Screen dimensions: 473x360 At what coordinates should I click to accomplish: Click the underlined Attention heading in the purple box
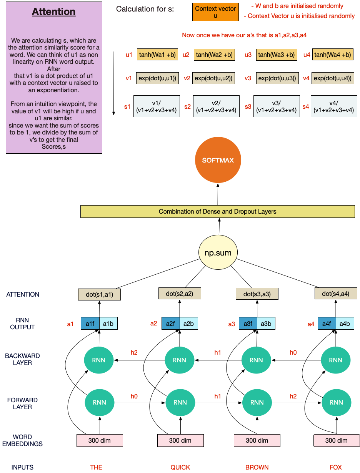53,12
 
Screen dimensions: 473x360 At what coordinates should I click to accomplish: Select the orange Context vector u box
215,12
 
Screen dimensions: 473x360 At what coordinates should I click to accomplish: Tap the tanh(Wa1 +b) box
157,55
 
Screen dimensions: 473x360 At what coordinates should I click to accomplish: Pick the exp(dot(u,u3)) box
277,78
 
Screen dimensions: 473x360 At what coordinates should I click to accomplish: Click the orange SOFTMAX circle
218,160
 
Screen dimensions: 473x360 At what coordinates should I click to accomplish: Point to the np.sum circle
218,253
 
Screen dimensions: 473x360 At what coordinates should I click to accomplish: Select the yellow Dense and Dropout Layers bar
217,212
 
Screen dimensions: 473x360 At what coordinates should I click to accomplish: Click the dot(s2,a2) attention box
180,294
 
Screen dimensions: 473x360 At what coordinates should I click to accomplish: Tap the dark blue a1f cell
90,324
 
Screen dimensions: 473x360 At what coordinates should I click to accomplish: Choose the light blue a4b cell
345,324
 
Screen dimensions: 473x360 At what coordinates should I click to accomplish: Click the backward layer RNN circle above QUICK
180,360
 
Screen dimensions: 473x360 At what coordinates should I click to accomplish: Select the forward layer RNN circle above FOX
336,402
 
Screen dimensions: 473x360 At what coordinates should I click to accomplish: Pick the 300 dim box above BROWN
257,440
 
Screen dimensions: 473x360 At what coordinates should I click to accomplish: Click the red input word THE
96,467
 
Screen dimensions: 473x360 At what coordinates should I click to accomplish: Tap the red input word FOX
336,467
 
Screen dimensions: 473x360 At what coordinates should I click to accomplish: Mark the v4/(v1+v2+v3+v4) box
333,106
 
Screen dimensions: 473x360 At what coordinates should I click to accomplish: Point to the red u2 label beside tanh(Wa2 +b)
186,55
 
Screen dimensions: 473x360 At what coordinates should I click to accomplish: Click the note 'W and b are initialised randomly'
297,6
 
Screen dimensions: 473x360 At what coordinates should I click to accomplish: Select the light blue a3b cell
266,324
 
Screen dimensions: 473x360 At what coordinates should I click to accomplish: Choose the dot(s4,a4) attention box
336,294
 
